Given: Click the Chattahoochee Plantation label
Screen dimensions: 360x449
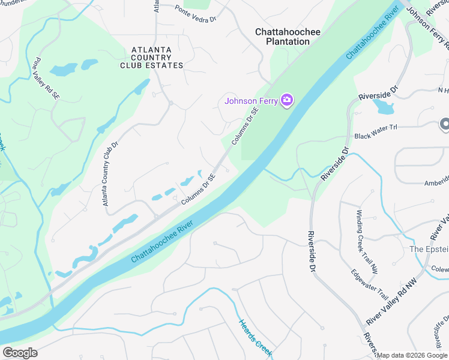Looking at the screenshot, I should [x=288, y=37].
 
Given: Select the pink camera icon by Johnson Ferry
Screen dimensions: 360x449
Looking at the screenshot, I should [x=287, y=100].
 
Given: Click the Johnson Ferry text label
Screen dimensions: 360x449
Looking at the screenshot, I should [x=252, y=101].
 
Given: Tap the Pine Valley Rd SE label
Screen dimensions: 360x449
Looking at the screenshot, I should [x=47, y=79].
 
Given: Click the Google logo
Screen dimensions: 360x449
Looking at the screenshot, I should [x=20, y=353].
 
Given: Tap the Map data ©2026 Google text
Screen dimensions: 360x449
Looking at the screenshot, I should [x=412, y=355].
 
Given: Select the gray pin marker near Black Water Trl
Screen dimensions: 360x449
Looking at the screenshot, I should [x=445, y=124].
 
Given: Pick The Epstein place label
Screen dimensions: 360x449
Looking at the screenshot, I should [x=429, y=249].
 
